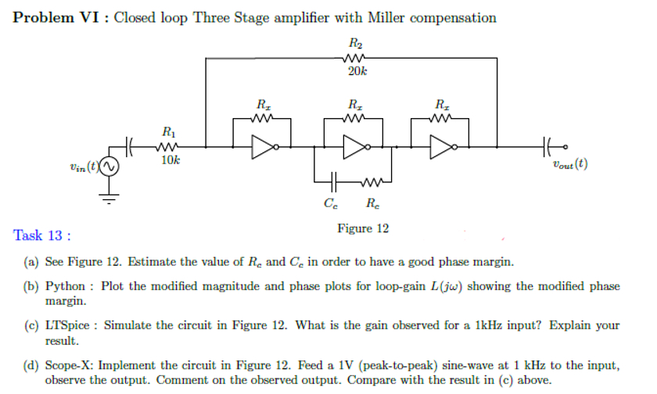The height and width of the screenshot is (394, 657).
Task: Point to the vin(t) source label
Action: (x=82, y=166)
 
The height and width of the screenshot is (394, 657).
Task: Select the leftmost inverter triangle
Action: (x=261, y=146)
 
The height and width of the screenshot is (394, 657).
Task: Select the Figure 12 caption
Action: (x=362, y=228)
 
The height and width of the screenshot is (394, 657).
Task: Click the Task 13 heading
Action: (x=43, y=235)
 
